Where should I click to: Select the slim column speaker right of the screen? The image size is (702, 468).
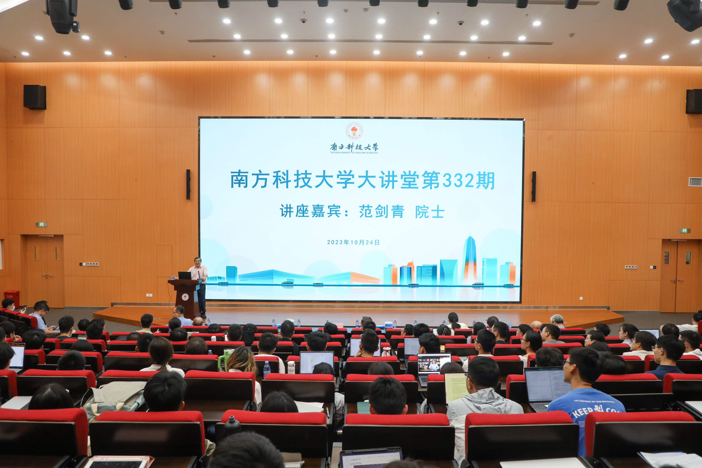click(x=534, y=186)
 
